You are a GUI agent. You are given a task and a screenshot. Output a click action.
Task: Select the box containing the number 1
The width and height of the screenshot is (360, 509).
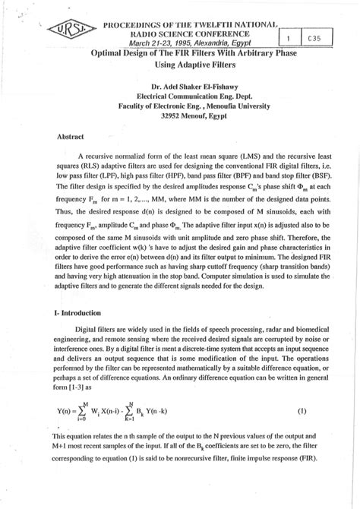point(289,36)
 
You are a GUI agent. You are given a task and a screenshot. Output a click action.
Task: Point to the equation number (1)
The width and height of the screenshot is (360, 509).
point(302,411)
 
